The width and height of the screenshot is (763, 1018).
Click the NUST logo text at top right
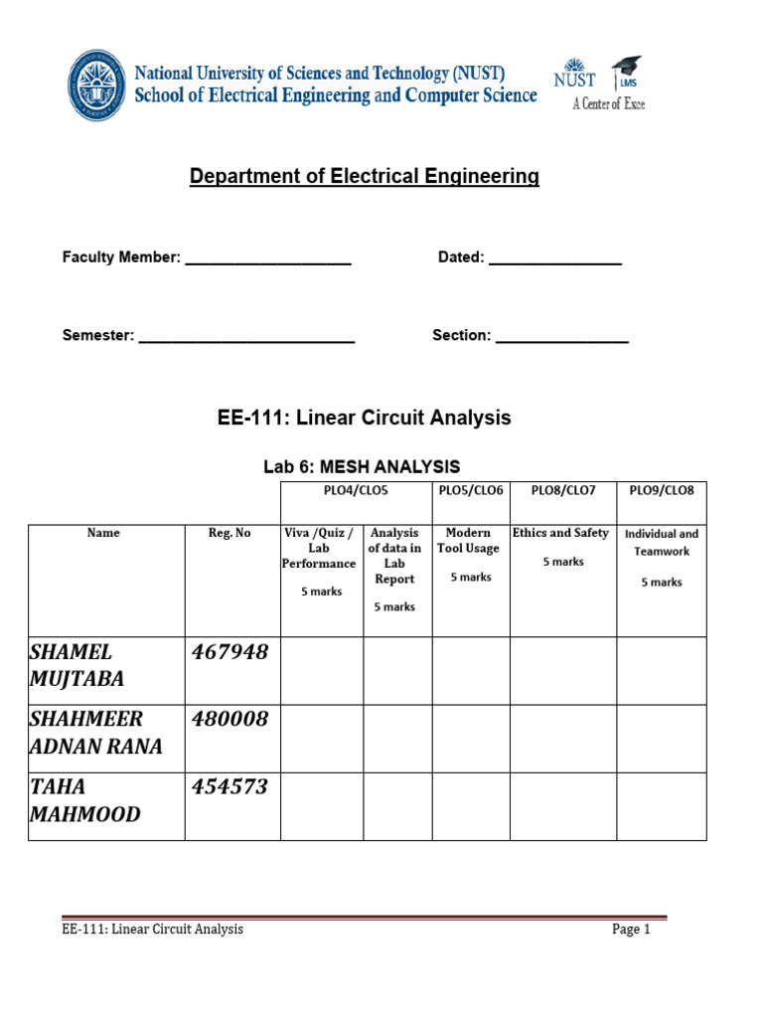pyautogui.click(x=574, y=79)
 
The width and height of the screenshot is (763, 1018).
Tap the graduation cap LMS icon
pyautogui.click(x=626, y=71)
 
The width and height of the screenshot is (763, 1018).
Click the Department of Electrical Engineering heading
pyautogui.click(x=365, y=177)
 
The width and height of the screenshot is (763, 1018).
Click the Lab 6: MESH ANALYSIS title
pyautogui.click(x=362, y=466)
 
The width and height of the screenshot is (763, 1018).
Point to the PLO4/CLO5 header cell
pyautogui.click(x=356, y=491)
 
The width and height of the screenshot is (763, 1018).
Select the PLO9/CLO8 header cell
pyautogui.click(x=661, y=491)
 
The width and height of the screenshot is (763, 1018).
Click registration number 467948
pyautogui.click(x=229, y=652)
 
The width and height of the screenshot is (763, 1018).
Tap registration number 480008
pyautogui.click(x=229, y=720)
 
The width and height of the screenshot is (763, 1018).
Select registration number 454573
pyautogui.click(x=229, y=787)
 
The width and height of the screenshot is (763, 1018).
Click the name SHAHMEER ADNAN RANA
pyautogui.click(x=95, y=734)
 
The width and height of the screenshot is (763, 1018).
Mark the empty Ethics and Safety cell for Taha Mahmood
pyautogui.click(x=562, y=806)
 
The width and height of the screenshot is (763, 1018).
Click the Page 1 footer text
pyautogui.click(x=631, y=931)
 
